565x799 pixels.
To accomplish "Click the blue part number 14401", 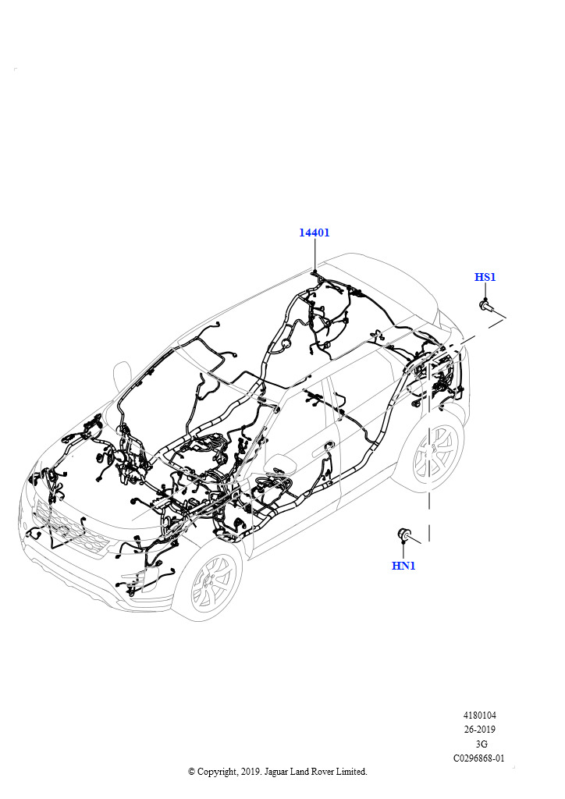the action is (x=314, y=233).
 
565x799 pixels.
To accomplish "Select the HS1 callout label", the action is (x=485, y=277).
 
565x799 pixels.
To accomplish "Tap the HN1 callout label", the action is (x=403, y=565).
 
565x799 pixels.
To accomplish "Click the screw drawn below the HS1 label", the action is (x=488, y=307).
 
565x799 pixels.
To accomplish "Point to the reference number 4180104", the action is (x=479, y=716).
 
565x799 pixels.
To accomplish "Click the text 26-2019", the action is (x=479, y=730).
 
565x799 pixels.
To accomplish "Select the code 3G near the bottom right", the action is (x=481, y=744).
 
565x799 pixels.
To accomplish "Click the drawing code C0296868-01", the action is (x=479, y=758).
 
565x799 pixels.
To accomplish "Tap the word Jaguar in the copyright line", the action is (x=276, y=772).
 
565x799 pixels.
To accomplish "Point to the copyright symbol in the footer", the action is (x=191, y=772).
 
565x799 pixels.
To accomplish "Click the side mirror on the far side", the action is (x=121, y=375).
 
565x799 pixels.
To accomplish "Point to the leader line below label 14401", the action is (x=315, y=254).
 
